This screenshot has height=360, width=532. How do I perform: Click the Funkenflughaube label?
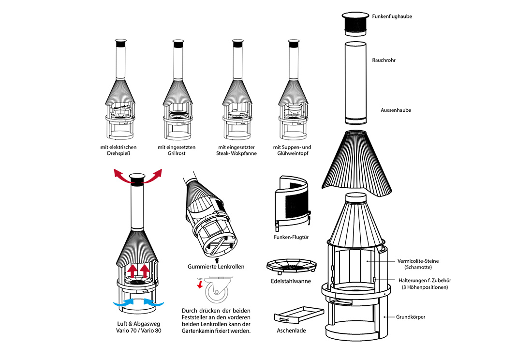(392, 16)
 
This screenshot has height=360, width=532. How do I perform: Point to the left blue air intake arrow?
(124, 303)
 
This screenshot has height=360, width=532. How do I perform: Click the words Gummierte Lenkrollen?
(216, 267)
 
